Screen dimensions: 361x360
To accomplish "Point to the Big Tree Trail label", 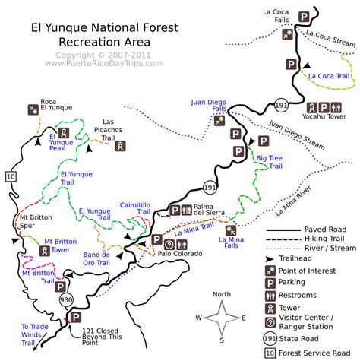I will click(x=270, y=162).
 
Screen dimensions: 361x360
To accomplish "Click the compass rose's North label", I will click(x=220, y=294).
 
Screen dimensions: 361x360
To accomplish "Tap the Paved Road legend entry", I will click(x=324, y=229).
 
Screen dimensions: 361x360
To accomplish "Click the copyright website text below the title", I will click(x=103, y=63).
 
